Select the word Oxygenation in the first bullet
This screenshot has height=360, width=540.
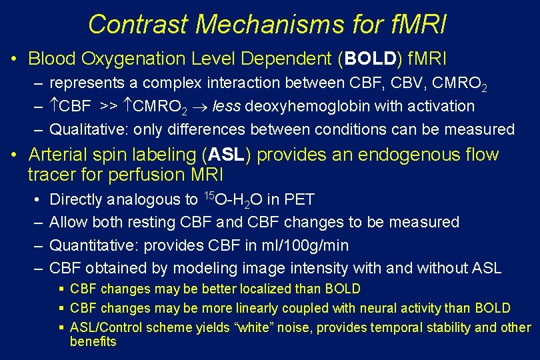(136, 59)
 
